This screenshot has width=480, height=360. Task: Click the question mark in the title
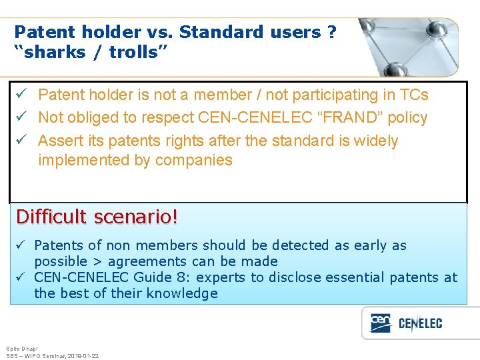click(332, 32)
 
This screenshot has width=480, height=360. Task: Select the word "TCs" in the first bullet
click(414, 95)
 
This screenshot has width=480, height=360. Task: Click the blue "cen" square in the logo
click(381, 322)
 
